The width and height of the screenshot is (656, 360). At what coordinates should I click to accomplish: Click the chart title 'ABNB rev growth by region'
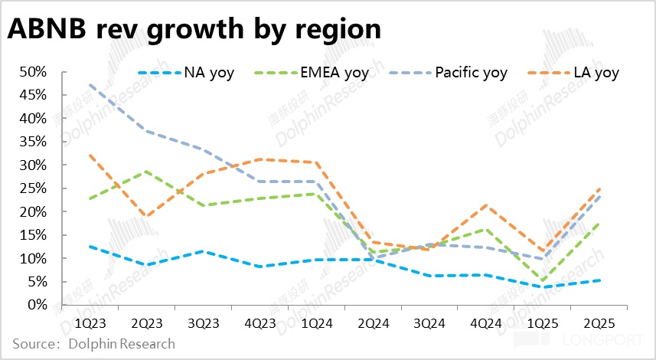194,29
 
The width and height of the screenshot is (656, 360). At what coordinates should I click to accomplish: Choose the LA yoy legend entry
594,74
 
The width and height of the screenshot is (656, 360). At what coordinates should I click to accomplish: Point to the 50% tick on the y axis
34,73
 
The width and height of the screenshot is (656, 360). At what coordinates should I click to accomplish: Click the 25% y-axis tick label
34,188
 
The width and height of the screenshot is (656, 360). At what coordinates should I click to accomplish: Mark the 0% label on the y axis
38,305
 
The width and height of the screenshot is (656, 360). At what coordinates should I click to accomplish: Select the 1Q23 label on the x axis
90,323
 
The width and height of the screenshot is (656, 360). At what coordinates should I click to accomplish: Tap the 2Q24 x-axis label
374,323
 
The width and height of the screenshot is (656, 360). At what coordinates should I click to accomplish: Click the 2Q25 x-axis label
599,323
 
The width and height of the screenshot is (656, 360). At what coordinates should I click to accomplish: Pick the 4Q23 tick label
260,323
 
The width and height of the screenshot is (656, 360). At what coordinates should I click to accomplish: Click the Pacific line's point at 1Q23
91,85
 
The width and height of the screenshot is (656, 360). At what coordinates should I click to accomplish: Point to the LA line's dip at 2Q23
147,217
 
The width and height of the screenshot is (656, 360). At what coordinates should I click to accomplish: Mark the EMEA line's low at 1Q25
543,280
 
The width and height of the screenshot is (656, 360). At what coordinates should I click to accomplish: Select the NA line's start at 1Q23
91,247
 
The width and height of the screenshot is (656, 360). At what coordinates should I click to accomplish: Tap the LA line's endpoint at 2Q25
599,188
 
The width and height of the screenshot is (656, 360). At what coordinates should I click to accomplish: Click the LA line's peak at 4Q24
486,205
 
